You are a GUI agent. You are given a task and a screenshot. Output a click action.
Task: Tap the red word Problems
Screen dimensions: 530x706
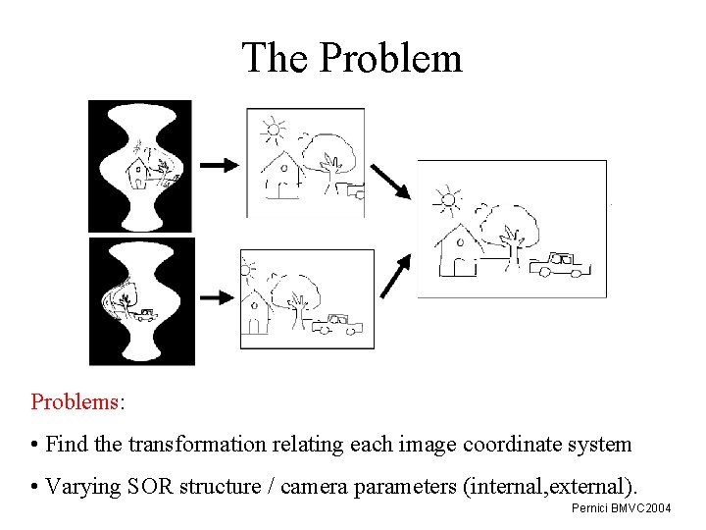(x=76, y=402)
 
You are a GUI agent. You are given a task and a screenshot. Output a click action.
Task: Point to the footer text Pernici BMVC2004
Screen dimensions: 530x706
(x=621, y=508)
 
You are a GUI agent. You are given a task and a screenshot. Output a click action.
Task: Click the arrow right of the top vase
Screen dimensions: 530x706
(x=219, y=165)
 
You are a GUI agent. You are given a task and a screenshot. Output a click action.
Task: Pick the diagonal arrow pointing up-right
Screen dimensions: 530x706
(x=394, y=277)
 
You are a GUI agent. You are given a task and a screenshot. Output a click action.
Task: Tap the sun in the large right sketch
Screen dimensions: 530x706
(x=448, y=200)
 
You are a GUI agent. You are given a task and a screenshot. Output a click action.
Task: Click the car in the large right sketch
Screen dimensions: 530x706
(x=555, y=263)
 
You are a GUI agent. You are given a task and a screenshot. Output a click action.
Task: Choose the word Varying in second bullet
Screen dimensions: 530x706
(x=85, y=486)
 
